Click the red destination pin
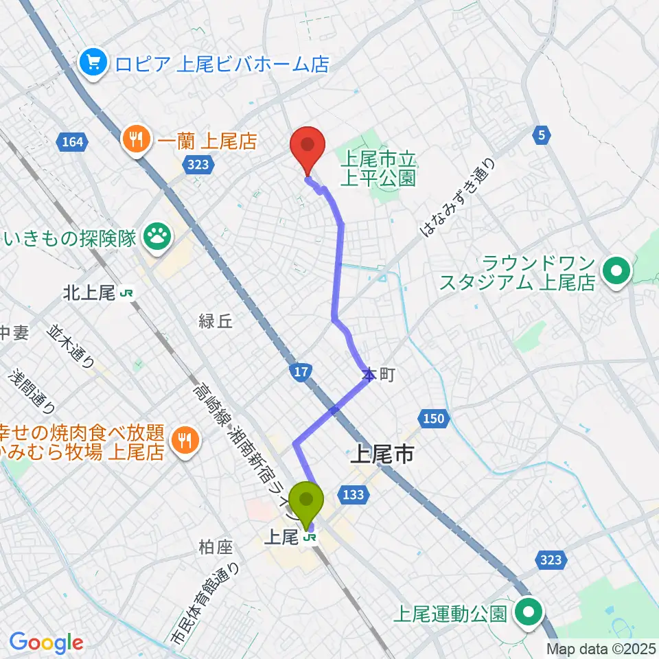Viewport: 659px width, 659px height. coord(307,148)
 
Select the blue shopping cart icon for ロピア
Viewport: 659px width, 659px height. coord(91,64)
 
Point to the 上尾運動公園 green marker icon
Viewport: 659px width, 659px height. coord(529,612)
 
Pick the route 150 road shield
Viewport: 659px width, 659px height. coord(432,418)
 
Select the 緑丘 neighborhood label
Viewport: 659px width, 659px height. coord(216,321)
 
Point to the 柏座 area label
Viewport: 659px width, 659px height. coord(216,547)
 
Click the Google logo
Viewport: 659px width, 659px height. coord(46,643)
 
